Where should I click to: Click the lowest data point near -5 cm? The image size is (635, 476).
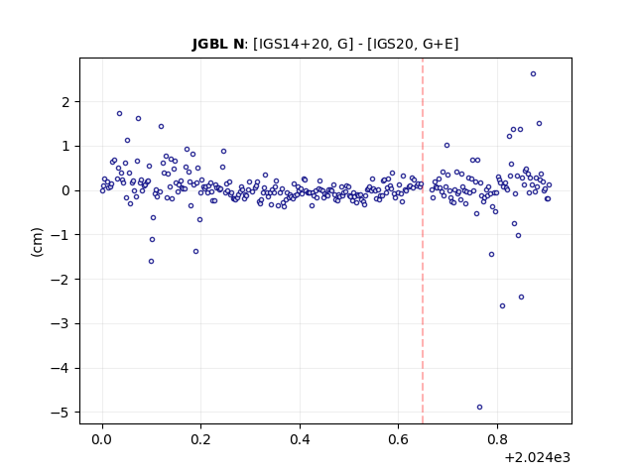[x=479, y=408]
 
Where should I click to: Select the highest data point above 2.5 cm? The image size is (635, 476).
[x=534, y=74]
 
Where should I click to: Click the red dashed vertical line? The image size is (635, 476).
[x=423, y=241]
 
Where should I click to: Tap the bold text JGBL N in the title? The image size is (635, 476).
[x=218, y=44]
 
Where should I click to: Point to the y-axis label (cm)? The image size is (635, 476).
[x=37, y=242]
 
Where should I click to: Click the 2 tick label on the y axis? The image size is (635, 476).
[x=65, y=102]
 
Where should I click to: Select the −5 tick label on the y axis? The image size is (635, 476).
[x=61, y=413]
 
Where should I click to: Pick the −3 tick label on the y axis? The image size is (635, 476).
[x=61, y=324]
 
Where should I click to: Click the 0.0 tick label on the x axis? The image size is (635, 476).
[x=102, y=439]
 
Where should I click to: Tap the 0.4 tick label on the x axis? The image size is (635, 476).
[x=300, y=439]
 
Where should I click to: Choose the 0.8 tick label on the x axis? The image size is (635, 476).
[x=497, y=439]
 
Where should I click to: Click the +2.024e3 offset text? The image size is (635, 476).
[x=538, y=458]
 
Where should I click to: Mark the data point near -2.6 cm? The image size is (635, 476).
[x=503, y=306]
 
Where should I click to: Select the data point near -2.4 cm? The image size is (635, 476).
[x=521, y=297]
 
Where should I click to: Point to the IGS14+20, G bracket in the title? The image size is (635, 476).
[x=301, y=44]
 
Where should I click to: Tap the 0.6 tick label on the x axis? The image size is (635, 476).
[x=399, y=439]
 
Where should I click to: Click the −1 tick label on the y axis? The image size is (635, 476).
[x=61, y=235]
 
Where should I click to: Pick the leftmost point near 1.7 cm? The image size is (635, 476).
[x=119, y=114]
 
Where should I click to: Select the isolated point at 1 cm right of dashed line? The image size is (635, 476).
[x=446, y=146]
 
